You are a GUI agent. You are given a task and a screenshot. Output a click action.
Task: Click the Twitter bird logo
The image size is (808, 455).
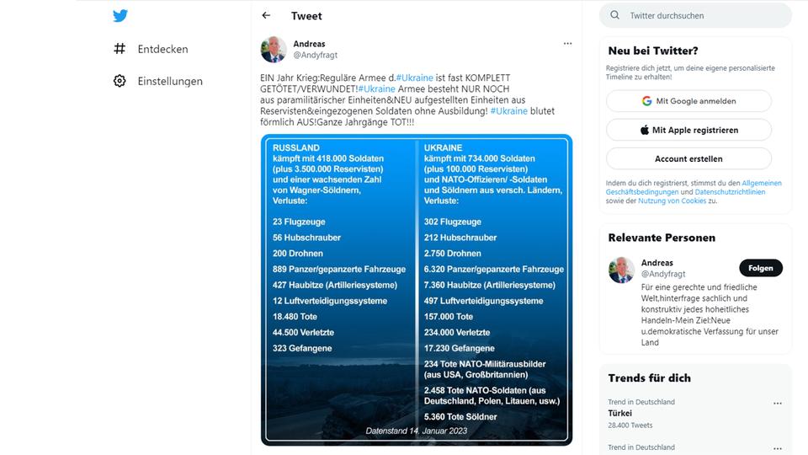[120, 16]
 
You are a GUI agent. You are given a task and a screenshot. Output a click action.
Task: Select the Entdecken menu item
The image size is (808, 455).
[162, 49]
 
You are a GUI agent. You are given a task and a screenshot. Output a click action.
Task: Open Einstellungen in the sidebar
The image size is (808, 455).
[169, 81]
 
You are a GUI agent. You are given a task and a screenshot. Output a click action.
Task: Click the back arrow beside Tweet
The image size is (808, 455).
[266, 16]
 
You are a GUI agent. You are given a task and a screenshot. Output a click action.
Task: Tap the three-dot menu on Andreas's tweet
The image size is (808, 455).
[567, 44]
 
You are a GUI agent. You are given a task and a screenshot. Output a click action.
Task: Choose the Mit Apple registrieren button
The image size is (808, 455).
[688, 130]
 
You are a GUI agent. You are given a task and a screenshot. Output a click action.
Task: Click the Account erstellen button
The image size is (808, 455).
[688, 158]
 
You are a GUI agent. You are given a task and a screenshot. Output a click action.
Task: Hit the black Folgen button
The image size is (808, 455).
[760, 268]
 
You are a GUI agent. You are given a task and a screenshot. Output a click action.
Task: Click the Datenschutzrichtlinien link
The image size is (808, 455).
[731, 192]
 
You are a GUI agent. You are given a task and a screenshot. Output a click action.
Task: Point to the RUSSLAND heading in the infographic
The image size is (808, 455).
[296, 148]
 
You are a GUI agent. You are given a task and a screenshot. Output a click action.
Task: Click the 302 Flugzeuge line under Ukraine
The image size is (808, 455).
[453, 222]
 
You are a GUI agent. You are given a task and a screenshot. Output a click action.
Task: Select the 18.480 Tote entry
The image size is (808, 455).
[295, 317]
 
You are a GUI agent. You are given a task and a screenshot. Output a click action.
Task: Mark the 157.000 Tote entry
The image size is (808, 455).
[449, 317]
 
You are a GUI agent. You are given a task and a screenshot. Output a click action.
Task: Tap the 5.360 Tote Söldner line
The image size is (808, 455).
[460, 416]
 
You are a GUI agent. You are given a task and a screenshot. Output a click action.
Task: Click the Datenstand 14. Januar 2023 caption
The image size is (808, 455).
[417, 431]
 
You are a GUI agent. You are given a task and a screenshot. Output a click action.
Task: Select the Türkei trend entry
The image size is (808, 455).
[620, 414]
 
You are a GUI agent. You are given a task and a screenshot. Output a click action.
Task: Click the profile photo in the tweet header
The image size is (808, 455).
[274, 50]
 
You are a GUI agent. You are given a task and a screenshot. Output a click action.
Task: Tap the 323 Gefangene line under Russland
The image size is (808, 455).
[302, 348]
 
